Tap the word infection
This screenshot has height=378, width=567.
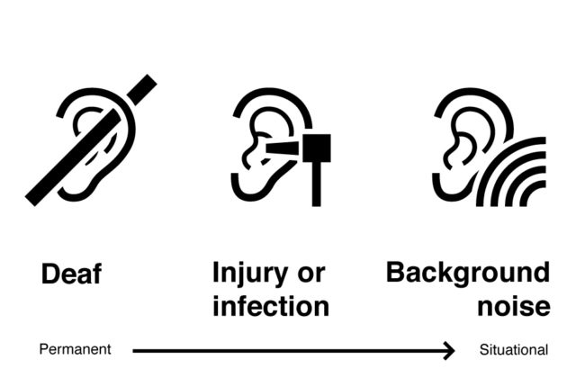[x=270, y=306]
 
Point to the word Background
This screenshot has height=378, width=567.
[x=466, y=273]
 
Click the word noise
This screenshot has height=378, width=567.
[x=513, y=306]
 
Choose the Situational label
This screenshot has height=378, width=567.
[x=513, y=349]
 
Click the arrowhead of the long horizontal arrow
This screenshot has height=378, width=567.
[x=448, y=349]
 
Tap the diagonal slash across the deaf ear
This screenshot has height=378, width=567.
[x=90, y=139]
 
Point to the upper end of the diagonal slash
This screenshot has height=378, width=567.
[x=144, y=86]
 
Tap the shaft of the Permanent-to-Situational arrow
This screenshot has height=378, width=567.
[x=288, y=349]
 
